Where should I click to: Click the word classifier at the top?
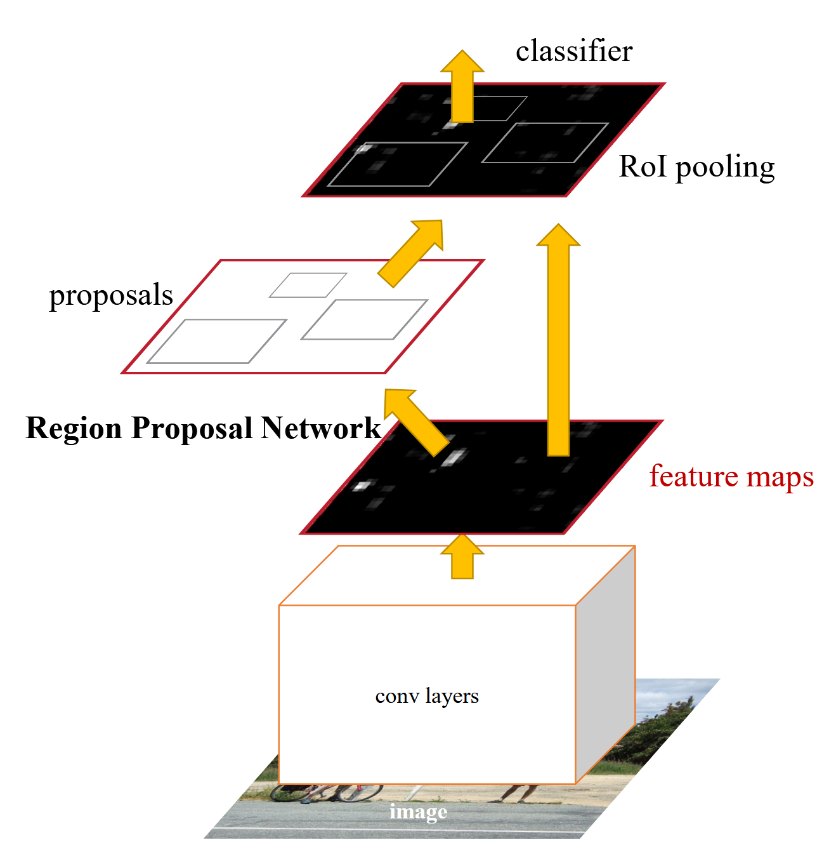pos(573,51)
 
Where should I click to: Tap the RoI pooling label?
pos(696,167)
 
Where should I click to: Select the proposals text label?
pos(111,295)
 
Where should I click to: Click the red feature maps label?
pos(731,476)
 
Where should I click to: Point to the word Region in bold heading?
pos(74,428)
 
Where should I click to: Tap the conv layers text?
pos(427,696)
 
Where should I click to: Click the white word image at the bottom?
pos(418,811)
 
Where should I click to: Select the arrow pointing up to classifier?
pos(462,86)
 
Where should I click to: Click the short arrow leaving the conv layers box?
pos(462,556)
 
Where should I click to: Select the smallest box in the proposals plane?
pos(308,285)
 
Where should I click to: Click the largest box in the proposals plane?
pos(217,341)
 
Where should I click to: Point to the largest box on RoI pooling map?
pos(398,164)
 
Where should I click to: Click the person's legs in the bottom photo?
pos(520,792)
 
